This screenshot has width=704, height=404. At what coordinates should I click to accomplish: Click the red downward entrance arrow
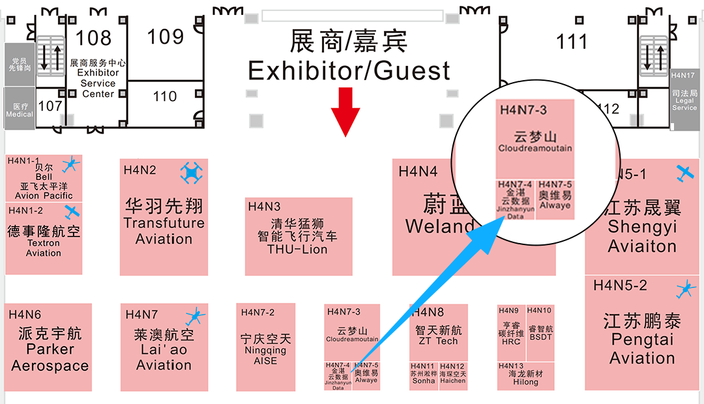point(345,111)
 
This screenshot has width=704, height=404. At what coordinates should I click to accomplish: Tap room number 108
point(94,38)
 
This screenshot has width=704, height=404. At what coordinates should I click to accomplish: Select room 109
point(165,36)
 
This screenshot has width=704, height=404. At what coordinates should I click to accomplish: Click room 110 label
point(165,97)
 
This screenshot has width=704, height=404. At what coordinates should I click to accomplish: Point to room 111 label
point(572,42)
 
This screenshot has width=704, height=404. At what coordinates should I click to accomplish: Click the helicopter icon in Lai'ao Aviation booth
point(195,317)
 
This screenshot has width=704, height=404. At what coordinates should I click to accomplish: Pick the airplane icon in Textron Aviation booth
point(72,212)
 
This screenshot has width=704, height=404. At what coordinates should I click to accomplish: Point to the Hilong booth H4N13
point(525,375)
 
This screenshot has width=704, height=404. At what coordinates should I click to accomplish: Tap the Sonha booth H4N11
point(424,376)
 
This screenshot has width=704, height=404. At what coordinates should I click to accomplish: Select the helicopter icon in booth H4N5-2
point(685,289)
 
